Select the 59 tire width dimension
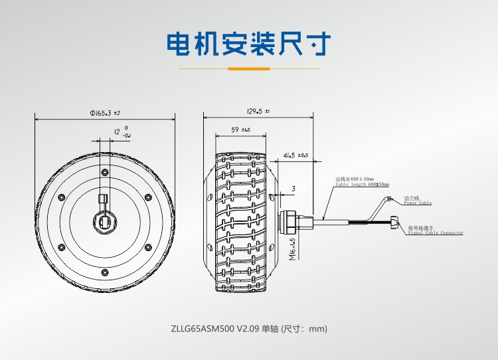click(240, 130)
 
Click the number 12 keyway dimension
click(117, 132)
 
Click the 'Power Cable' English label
click(418, 203)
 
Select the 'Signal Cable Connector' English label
click(435, 233)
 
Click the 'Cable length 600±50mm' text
click(362, 184)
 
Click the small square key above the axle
click(102, 199)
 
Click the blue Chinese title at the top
click(248, 44)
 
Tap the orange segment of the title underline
click(248, 68)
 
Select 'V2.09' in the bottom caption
click(248, 329)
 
